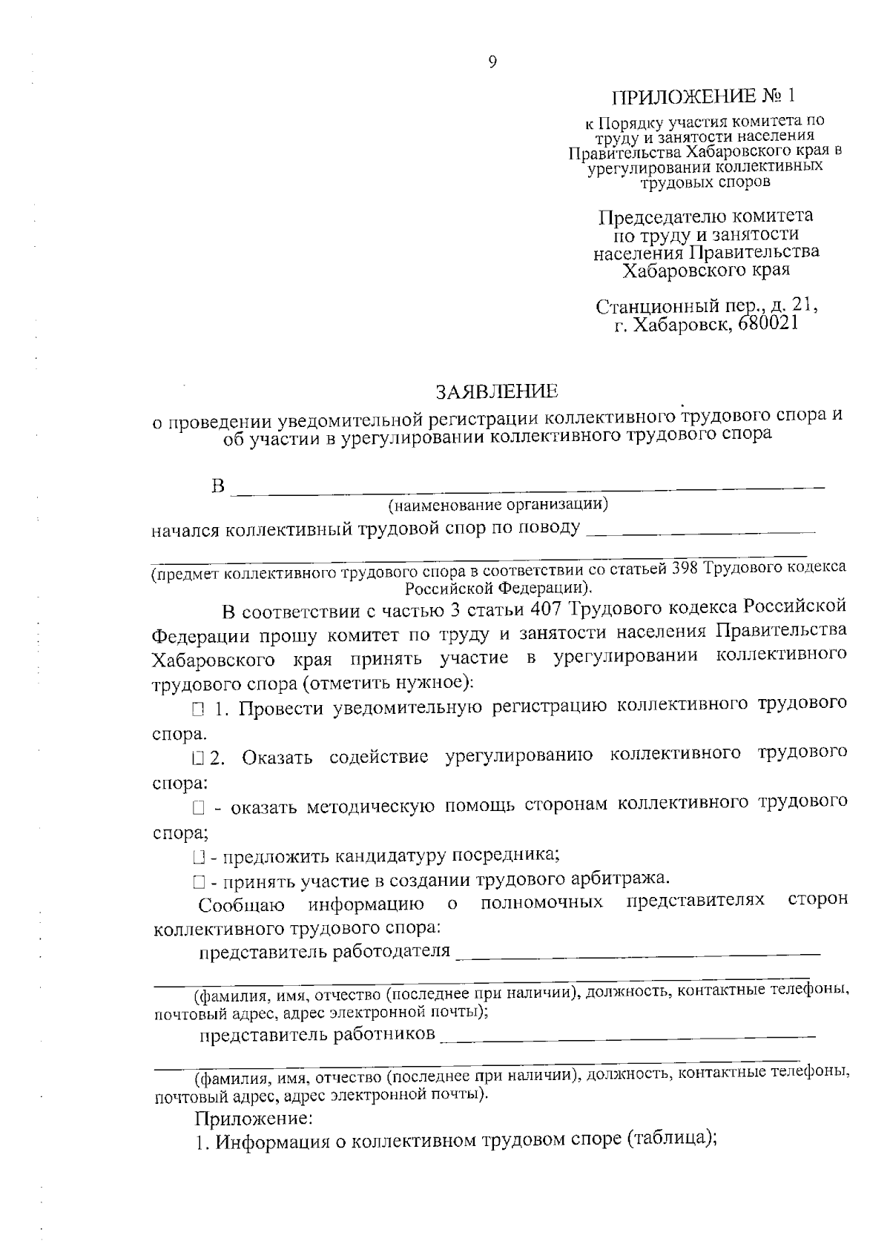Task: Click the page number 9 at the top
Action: pyautogui.click(x=493, y=62)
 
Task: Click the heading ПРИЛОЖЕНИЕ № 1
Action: pyautogui.click(x=707, y=97)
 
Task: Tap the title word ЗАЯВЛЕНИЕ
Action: pyautogui.click(x=496, y=391)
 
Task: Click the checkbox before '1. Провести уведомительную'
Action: pyautogui.click(x=197, y=710)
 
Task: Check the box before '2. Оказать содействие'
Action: pyautogui.click(x=197, y=758)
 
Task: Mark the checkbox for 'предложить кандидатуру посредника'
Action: pyautogui.click(x=197, y=858)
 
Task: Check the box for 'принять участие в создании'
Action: pyautogui.click(x=197, y=882)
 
